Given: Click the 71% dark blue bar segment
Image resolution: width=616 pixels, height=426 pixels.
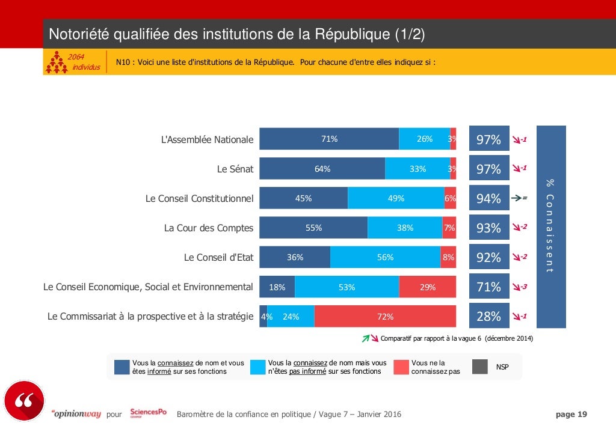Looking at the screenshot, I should point(329,139).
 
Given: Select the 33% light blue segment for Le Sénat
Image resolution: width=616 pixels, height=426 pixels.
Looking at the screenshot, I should point(417,169).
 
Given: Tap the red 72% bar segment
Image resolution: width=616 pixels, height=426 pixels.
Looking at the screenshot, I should point(385,317).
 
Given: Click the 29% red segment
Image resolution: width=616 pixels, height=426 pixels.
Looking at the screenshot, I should point(428,287).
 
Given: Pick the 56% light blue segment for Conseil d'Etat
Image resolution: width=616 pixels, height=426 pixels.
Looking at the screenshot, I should point(385,257).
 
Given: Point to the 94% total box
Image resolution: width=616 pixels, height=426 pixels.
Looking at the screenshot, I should point(488,198).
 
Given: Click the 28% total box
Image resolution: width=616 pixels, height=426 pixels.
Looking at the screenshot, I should point(488,317).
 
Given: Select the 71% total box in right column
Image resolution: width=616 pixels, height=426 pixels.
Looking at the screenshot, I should point(488,287).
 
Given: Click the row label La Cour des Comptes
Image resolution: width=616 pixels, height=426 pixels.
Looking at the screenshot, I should point(209,228).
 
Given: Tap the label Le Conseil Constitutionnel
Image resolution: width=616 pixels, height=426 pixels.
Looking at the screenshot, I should point(199,199).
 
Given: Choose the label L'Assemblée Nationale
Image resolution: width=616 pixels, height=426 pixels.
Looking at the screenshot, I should point(207,139).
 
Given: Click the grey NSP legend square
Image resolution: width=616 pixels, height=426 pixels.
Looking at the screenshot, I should point(479,367).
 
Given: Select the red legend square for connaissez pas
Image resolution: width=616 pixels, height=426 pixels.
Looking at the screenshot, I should point(401,367).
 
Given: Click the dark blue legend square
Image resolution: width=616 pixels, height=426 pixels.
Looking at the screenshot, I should point(122,367).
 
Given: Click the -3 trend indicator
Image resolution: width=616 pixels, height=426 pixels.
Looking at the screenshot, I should point(519,287).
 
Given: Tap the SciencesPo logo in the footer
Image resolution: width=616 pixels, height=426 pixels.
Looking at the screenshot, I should point(148,414).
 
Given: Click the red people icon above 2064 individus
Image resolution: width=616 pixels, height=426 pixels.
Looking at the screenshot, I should point(57,62).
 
